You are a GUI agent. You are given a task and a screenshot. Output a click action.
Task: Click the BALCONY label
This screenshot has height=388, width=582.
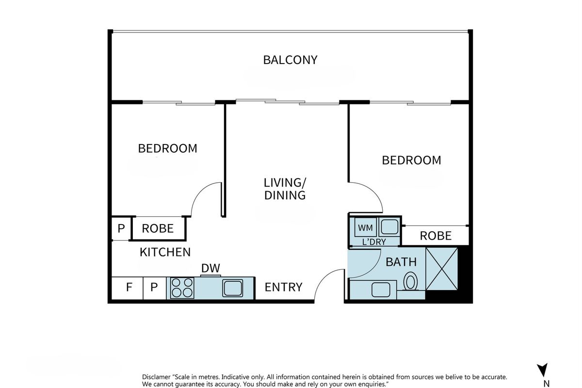[x=290, y=60]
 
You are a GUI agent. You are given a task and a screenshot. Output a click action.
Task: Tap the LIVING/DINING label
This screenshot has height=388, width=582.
[x=285, y=189]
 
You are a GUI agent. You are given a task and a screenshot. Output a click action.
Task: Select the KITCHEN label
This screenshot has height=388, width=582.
[x=165, y=252]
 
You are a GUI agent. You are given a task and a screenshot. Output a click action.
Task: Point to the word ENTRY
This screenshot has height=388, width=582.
[x=283, y=287]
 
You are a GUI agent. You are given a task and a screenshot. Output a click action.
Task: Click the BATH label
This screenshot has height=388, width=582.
[x=401, y=262]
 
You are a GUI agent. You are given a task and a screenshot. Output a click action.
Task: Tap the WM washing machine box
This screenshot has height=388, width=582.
[x=365, y=227]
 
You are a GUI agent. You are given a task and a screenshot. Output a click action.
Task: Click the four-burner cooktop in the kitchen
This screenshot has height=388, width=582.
[x=182, y=288]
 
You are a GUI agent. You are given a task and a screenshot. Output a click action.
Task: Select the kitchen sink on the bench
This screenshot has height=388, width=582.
[x=232, y=288]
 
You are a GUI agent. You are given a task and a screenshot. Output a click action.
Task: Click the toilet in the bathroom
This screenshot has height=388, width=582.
[x=410, y=281]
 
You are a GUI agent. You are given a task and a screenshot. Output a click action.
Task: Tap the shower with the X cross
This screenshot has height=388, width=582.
[x=442, y=269]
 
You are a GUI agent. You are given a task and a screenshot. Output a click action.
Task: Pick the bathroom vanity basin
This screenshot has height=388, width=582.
[x=381, y=290]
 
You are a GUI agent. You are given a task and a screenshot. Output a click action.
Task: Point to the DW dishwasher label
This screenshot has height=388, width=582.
[x=210, y=268]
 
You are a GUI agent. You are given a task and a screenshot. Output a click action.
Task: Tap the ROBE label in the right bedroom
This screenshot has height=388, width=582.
[x=436, y=236]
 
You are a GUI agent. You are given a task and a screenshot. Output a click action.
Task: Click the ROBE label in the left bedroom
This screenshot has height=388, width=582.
[x=158, y=229]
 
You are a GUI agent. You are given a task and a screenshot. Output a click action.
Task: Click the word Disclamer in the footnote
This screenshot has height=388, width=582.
[x=156, y=377]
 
